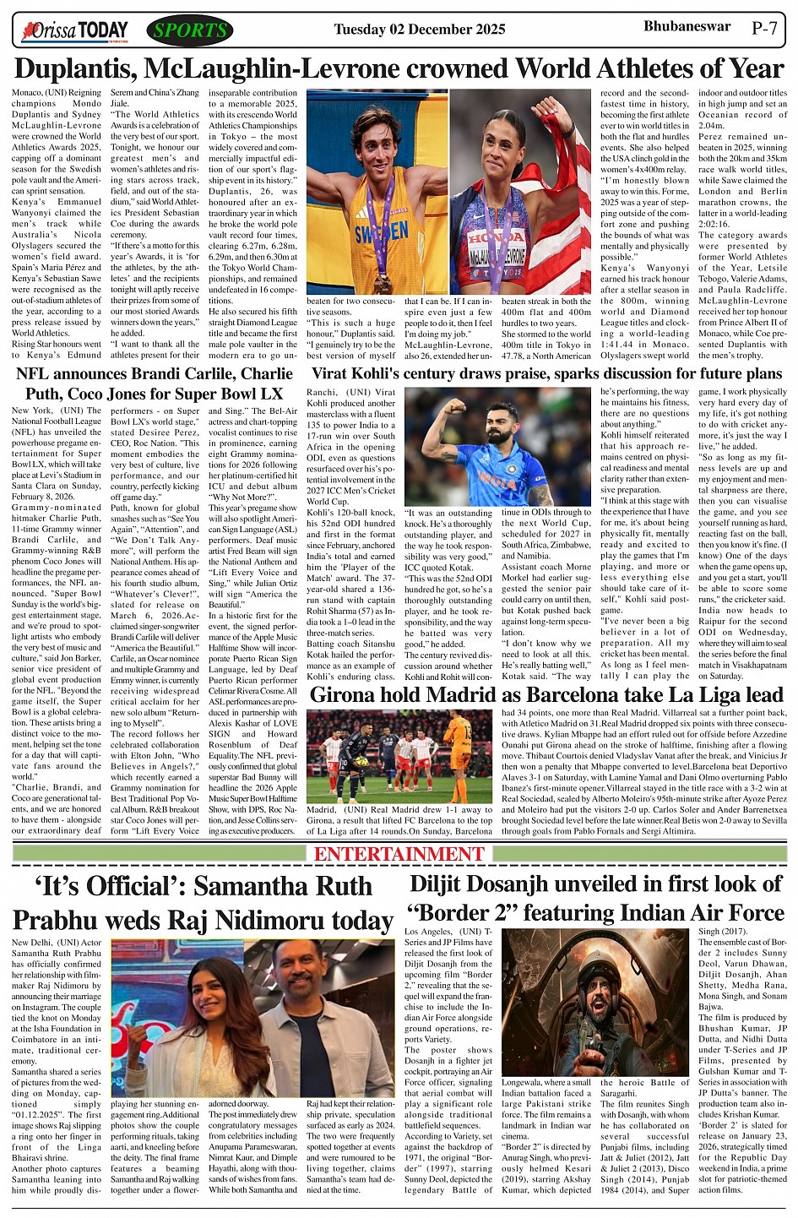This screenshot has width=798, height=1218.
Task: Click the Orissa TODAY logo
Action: pos(75,31)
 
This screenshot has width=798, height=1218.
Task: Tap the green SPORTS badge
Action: pos(190,31)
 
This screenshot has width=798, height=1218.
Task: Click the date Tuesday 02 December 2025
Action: pos(419,30)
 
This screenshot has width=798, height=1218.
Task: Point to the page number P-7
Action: pos(764,28)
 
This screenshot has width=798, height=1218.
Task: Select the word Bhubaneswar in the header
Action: pos(687,26)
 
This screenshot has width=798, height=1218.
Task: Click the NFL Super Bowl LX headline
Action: pos(155,383)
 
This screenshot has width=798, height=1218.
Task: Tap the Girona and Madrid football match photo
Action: pos(399,756)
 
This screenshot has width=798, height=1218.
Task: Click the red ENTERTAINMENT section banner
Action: pos(399,853)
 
